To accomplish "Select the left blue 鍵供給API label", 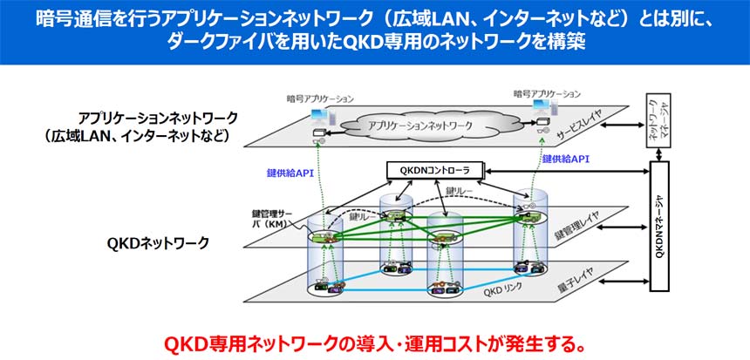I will tap(289, 173).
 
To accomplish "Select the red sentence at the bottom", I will tap(374, 342).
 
